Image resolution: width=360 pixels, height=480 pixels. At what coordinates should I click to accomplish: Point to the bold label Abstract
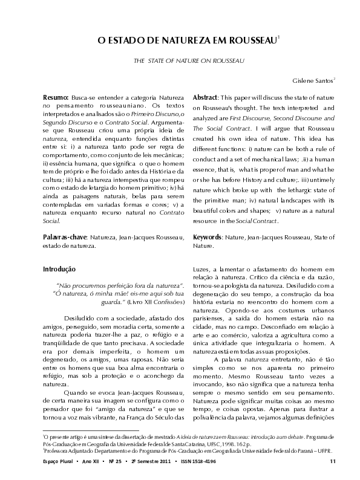pos(205,97)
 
